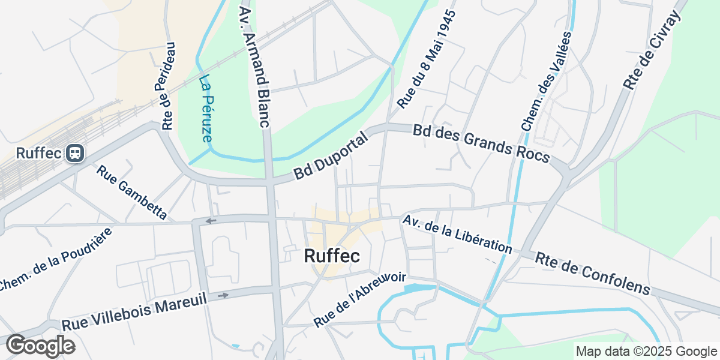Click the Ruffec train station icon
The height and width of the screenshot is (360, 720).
pyautogui.click(x=76, y=153)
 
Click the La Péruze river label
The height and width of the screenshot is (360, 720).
pyautogui.click(x=206, y=108)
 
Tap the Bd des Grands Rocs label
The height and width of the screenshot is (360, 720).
pyautogui.click(x=481, y=144)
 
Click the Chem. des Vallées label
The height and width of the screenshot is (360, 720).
pyautogui.click(x=547, y=81)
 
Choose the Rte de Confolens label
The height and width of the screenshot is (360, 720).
pyautogui.click(x=593, y=273)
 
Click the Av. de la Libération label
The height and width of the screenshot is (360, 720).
pyautogui.click(x=457, y=235)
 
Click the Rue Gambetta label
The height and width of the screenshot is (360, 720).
pyautogui.click(x=131, y=192)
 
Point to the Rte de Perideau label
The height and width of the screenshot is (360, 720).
pyautogui.click(x=168, y=85)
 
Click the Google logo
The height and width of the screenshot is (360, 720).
pyautogui.click(x=40, y=346)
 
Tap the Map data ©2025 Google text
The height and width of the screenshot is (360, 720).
pyautogui.click(x=646, y=352)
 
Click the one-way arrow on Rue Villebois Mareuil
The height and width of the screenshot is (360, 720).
pyautogui.click(x=223, y=295)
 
